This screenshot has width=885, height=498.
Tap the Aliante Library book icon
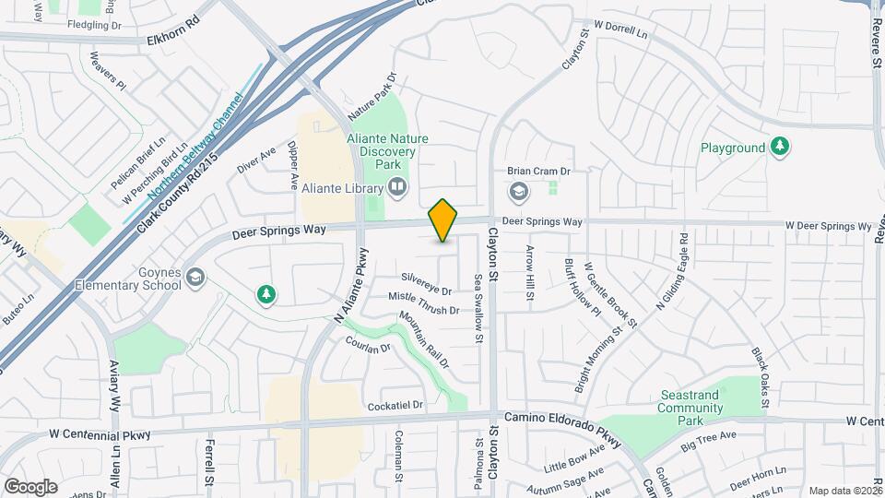397,188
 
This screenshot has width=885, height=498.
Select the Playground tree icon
780,147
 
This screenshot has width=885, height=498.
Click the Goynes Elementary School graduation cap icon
195,277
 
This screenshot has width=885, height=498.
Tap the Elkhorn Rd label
173,41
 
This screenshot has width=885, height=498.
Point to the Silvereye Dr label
426,283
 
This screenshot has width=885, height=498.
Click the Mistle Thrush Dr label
423,302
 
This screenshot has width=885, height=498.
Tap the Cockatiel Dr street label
395,405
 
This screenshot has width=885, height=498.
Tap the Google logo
30,486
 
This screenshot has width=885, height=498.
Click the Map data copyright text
844,490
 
